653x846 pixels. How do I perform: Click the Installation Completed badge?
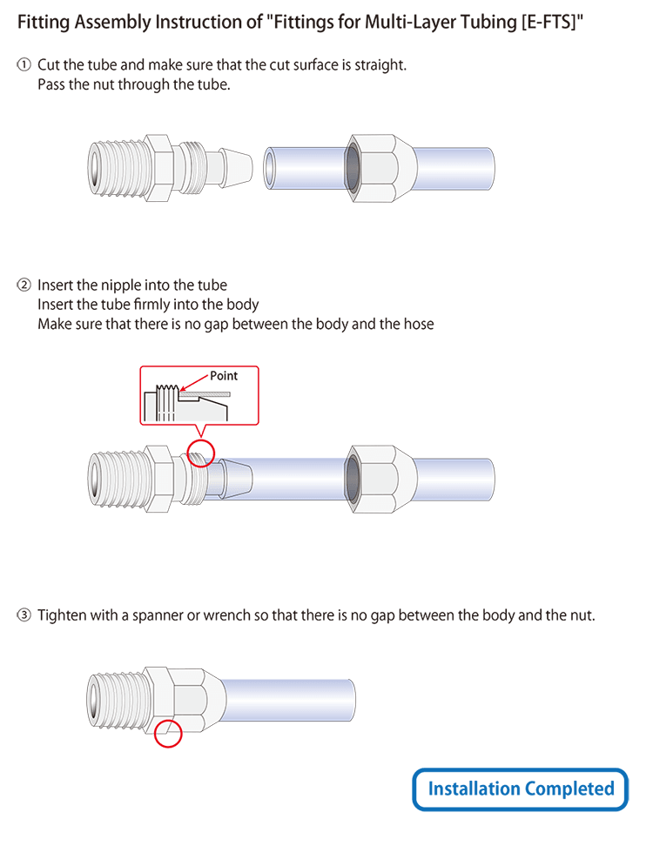pos(521,789)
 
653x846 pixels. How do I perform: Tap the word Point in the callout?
pos(224,376)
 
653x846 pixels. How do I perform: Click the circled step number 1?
pos(24,65)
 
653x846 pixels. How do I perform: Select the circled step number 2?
pos(24,285)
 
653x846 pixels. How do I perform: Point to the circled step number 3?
pos(24,615)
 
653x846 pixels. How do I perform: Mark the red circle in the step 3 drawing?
pos(168,733)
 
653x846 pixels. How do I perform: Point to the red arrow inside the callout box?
pos(193,384)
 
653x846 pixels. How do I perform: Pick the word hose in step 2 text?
pos(418,324)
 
